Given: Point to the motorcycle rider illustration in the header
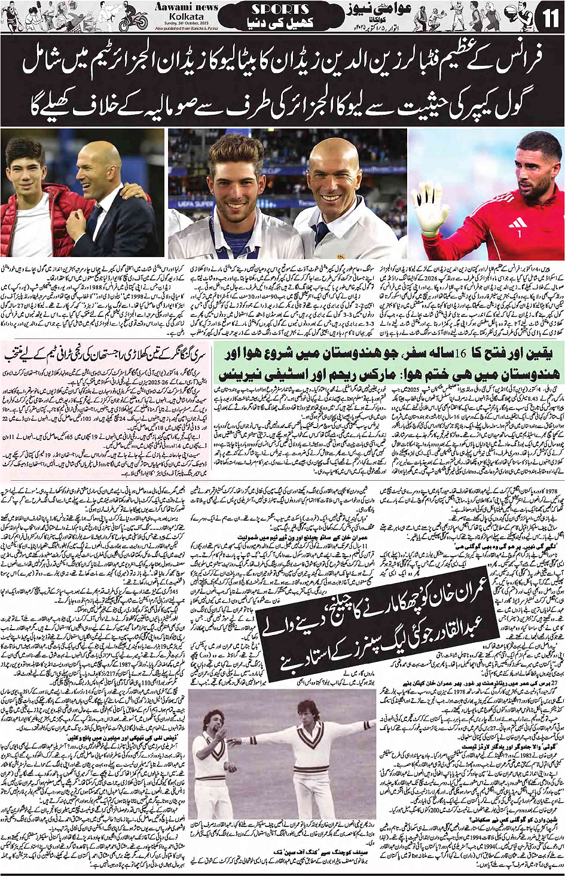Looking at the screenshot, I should pyautogui.click(x=133, y=18).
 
